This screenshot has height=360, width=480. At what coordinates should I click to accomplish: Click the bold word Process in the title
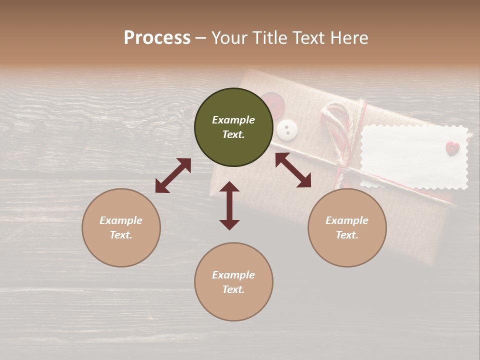tap(157, 38)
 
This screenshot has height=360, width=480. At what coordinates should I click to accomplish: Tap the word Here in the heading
tap(349, 38)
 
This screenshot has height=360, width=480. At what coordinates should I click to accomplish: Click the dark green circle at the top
tap(233, 127)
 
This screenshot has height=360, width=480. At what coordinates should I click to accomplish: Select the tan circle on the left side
tap(121, 227)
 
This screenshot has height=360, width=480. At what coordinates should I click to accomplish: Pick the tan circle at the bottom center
tap(233, 282)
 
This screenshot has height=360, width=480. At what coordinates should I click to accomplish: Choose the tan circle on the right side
tap(347, 227)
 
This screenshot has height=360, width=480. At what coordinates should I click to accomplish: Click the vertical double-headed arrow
tap(229, 205)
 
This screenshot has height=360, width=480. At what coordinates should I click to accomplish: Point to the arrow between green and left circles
tap(173, 175)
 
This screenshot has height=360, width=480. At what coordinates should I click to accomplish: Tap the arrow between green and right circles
tap(293, 170)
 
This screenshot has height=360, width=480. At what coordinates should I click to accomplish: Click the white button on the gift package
tap(287, 130)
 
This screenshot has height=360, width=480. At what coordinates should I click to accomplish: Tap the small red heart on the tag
tap(452, 148)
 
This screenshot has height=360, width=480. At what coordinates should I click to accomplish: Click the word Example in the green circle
tap(233, 120)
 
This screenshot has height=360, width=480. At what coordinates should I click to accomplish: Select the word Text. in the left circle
tap(121, 235)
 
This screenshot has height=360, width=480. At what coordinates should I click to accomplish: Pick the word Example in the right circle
tap(347, 220)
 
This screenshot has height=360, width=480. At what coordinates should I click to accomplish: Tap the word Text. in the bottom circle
tap(233, 289)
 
